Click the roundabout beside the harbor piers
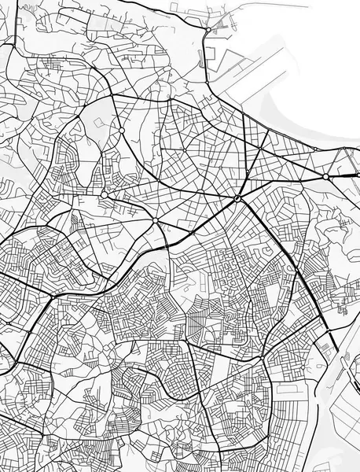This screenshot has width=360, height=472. pyautogui.click(x=208, y=30)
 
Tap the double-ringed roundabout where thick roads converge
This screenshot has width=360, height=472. pyautogui.click(x=236, y=199)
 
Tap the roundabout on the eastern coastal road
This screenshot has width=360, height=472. pyautogui.click(x=325, y=177)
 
